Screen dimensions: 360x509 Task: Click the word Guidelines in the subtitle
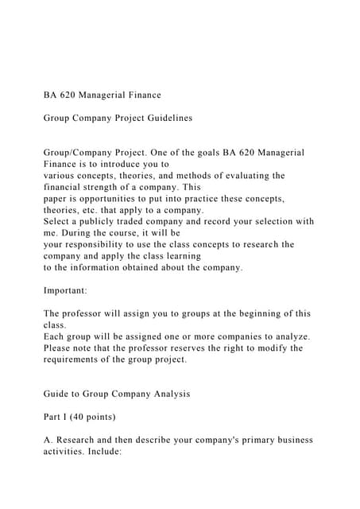pos(164,118)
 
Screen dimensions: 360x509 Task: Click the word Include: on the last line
pos(115,451)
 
